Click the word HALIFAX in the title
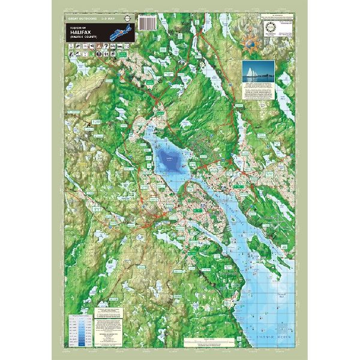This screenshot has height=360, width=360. pos(80,32)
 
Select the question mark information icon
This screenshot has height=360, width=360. pos(106,46)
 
